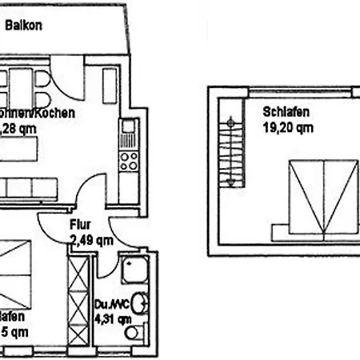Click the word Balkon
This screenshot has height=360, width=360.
point(23,26)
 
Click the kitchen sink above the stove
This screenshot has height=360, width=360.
point(128,128)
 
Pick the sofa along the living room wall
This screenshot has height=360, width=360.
point(29,189)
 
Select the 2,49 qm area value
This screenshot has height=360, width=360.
point(91,239)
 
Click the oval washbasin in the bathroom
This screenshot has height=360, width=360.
point(141,303)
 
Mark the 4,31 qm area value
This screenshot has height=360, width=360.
point(113,318)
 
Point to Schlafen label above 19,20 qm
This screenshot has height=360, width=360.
point(286,113)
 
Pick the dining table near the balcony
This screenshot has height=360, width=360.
point(23,80)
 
